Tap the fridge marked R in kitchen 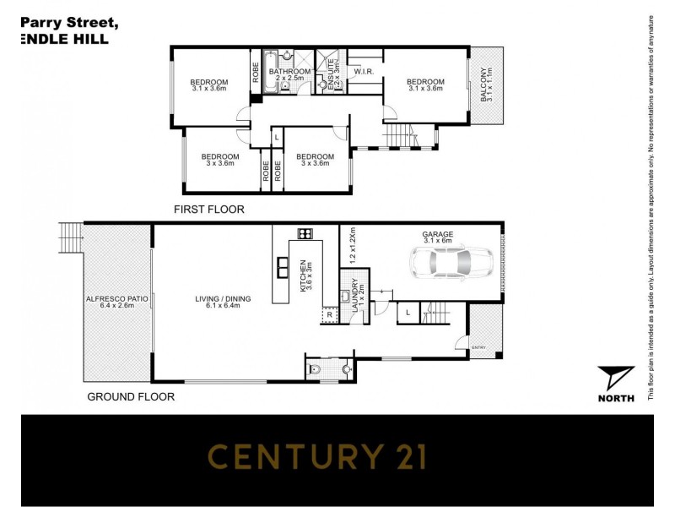[x=329, y=313]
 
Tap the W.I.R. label [x=364, y=72]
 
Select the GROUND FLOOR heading [x=132, y=395]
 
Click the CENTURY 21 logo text [x=317, y=457]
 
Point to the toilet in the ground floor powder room [x=316, y=368]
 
